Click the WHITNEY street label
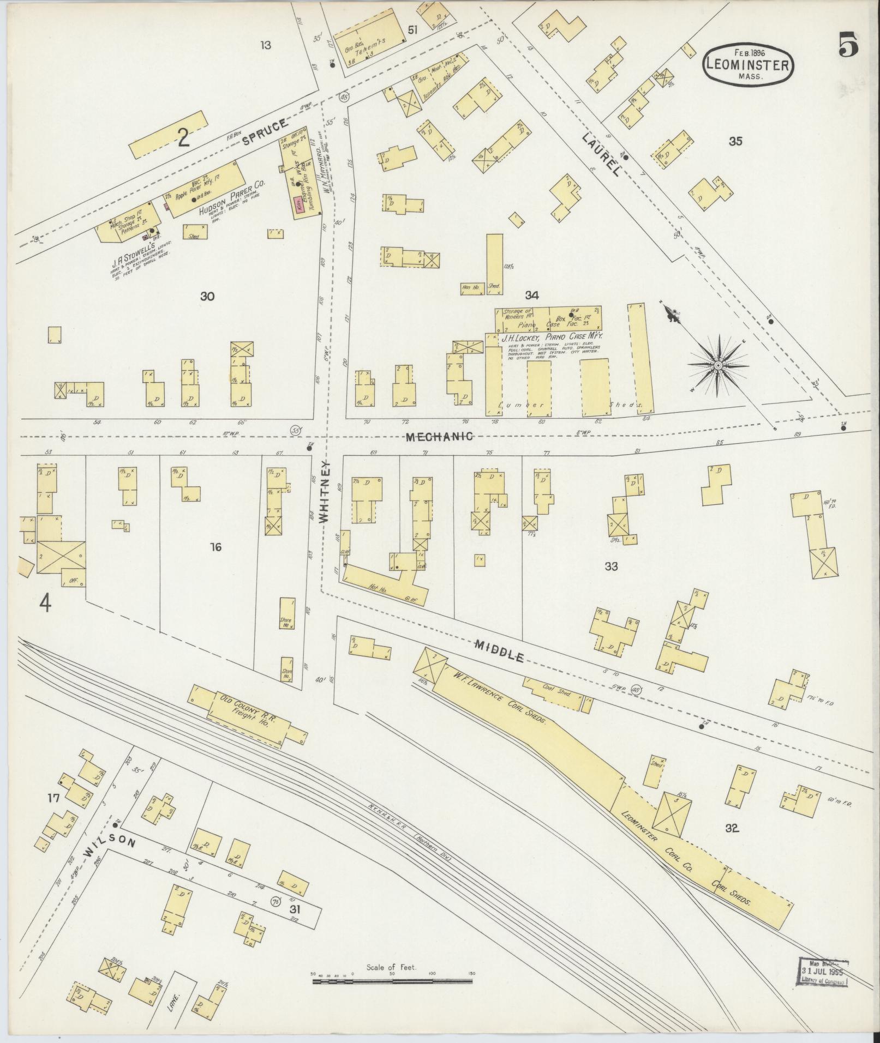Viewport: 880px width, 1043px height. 325,492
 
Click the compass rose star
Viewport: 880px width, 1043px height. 718,365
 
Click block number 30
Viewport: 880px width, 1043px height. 207,296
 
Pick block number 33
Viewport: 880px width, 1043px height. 611,566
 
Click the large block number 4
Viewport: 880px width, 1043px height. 45,604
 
